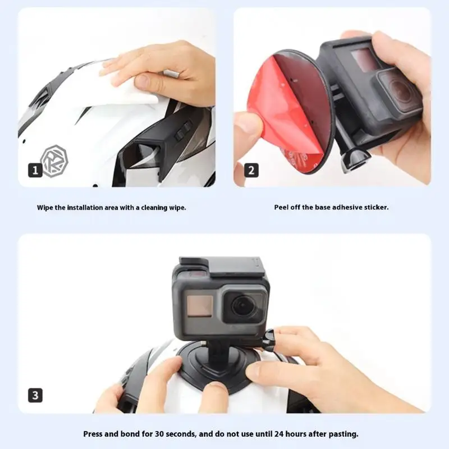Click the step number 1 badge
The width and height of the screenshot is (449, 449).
point(35,170)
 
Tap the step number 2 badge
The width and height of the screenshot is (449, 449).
point(251,170)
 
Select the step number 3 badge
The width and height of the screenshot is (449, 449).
point(35,395)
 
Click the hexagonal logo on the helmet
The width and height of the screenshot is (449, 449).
point(54,161)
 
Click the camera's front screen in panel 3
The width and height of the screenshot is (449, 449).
point(200,306)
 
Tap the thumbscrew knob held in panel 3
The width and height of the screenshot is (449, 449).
point(269,339)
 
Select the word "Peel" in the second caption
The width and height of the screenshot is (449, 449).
point(281,207)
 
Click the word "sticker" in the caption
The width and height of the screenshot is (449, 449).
point(376,207)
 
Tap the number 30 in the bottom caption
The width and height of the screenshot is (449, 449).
point(159,434)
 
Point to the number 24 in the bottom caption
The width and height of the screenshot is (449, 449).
point(278,434)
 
